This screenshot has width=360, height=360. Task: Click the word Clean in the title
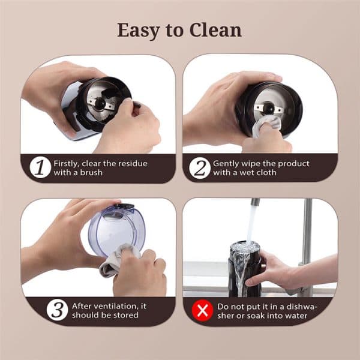click(x=215, y=30)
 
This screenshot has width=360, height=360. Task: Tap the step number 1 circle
click(x=40, y=167)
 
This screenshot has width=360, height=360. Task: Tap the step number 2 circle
click(x=200, y=168)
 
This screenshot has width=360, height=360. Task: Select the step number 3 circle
click(x=58, y=310)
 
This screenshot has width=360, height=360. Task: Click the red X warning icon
click(x=203, y=310)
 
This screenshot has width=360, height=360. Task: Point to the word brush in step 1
click(x=91, y=172)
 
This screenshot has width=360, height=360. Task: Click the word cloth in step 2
click(x=266, y=172)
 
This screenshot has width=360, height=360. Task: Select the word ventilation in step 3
click(x=116, y=306)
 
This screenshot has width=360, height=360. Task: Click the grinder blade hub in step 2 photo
click(x=268, y=107)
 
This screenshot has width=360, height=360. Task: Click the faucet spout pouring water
click(x=255, y=203)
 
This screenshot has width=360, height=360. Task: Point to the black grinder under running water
click(x=245, y=269)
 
